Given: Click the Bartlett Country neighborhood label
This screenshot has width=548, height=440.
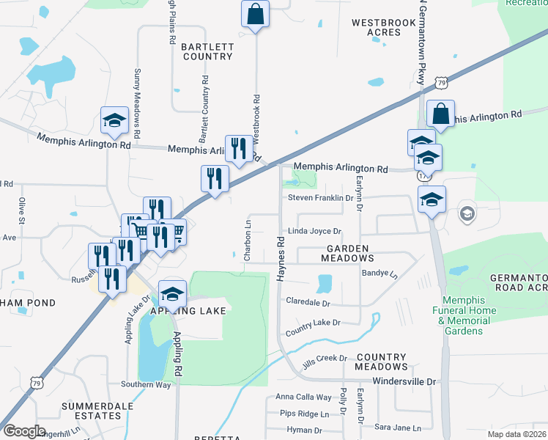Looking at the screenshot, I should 208,51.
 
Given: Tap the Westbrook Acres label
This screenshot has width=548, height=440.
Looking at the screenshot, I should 384,28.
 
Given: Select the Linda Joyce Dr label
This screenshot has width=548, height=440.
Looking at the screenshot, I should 315,231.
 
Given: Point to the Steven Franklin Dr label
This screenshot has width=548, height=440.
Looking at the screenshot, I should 321,197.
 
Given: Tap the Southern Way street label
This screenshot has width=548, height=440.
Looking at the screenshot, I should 146,384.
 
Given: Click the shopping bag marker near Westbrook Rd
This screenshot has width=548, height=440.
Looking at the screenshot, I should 255,15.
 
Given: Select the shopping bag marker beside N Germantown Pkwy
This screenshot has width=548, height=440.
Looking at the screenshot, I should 440,114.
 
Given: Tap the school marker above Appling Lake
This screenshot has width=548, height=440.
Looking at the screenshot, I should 172,295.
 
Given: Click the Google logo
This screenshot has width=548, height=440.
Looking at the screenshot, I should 24,430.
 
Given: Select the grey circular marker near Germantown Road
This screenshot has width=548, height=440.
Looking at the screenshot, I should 466,214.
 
